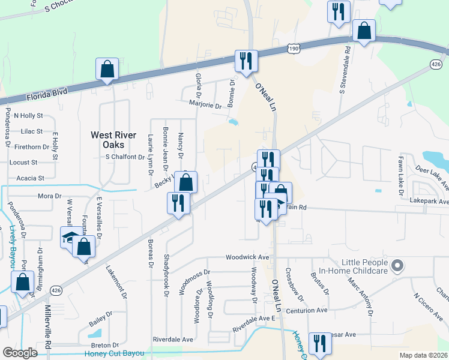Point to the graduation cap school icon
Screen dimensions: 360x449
(x=71, y=236)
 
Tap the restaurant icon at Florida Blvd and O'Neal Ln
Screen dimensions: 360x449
(x=246, y=61)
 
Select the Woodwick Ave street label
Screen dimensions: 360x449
(x=247, y=257)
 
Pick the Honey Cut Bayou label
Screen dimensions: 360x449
(x=115, y=353)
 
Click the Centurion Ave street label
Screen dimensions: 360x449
(x=306, y=310)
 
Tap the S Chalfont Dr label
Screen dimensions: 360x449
(x=125, y=157)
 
